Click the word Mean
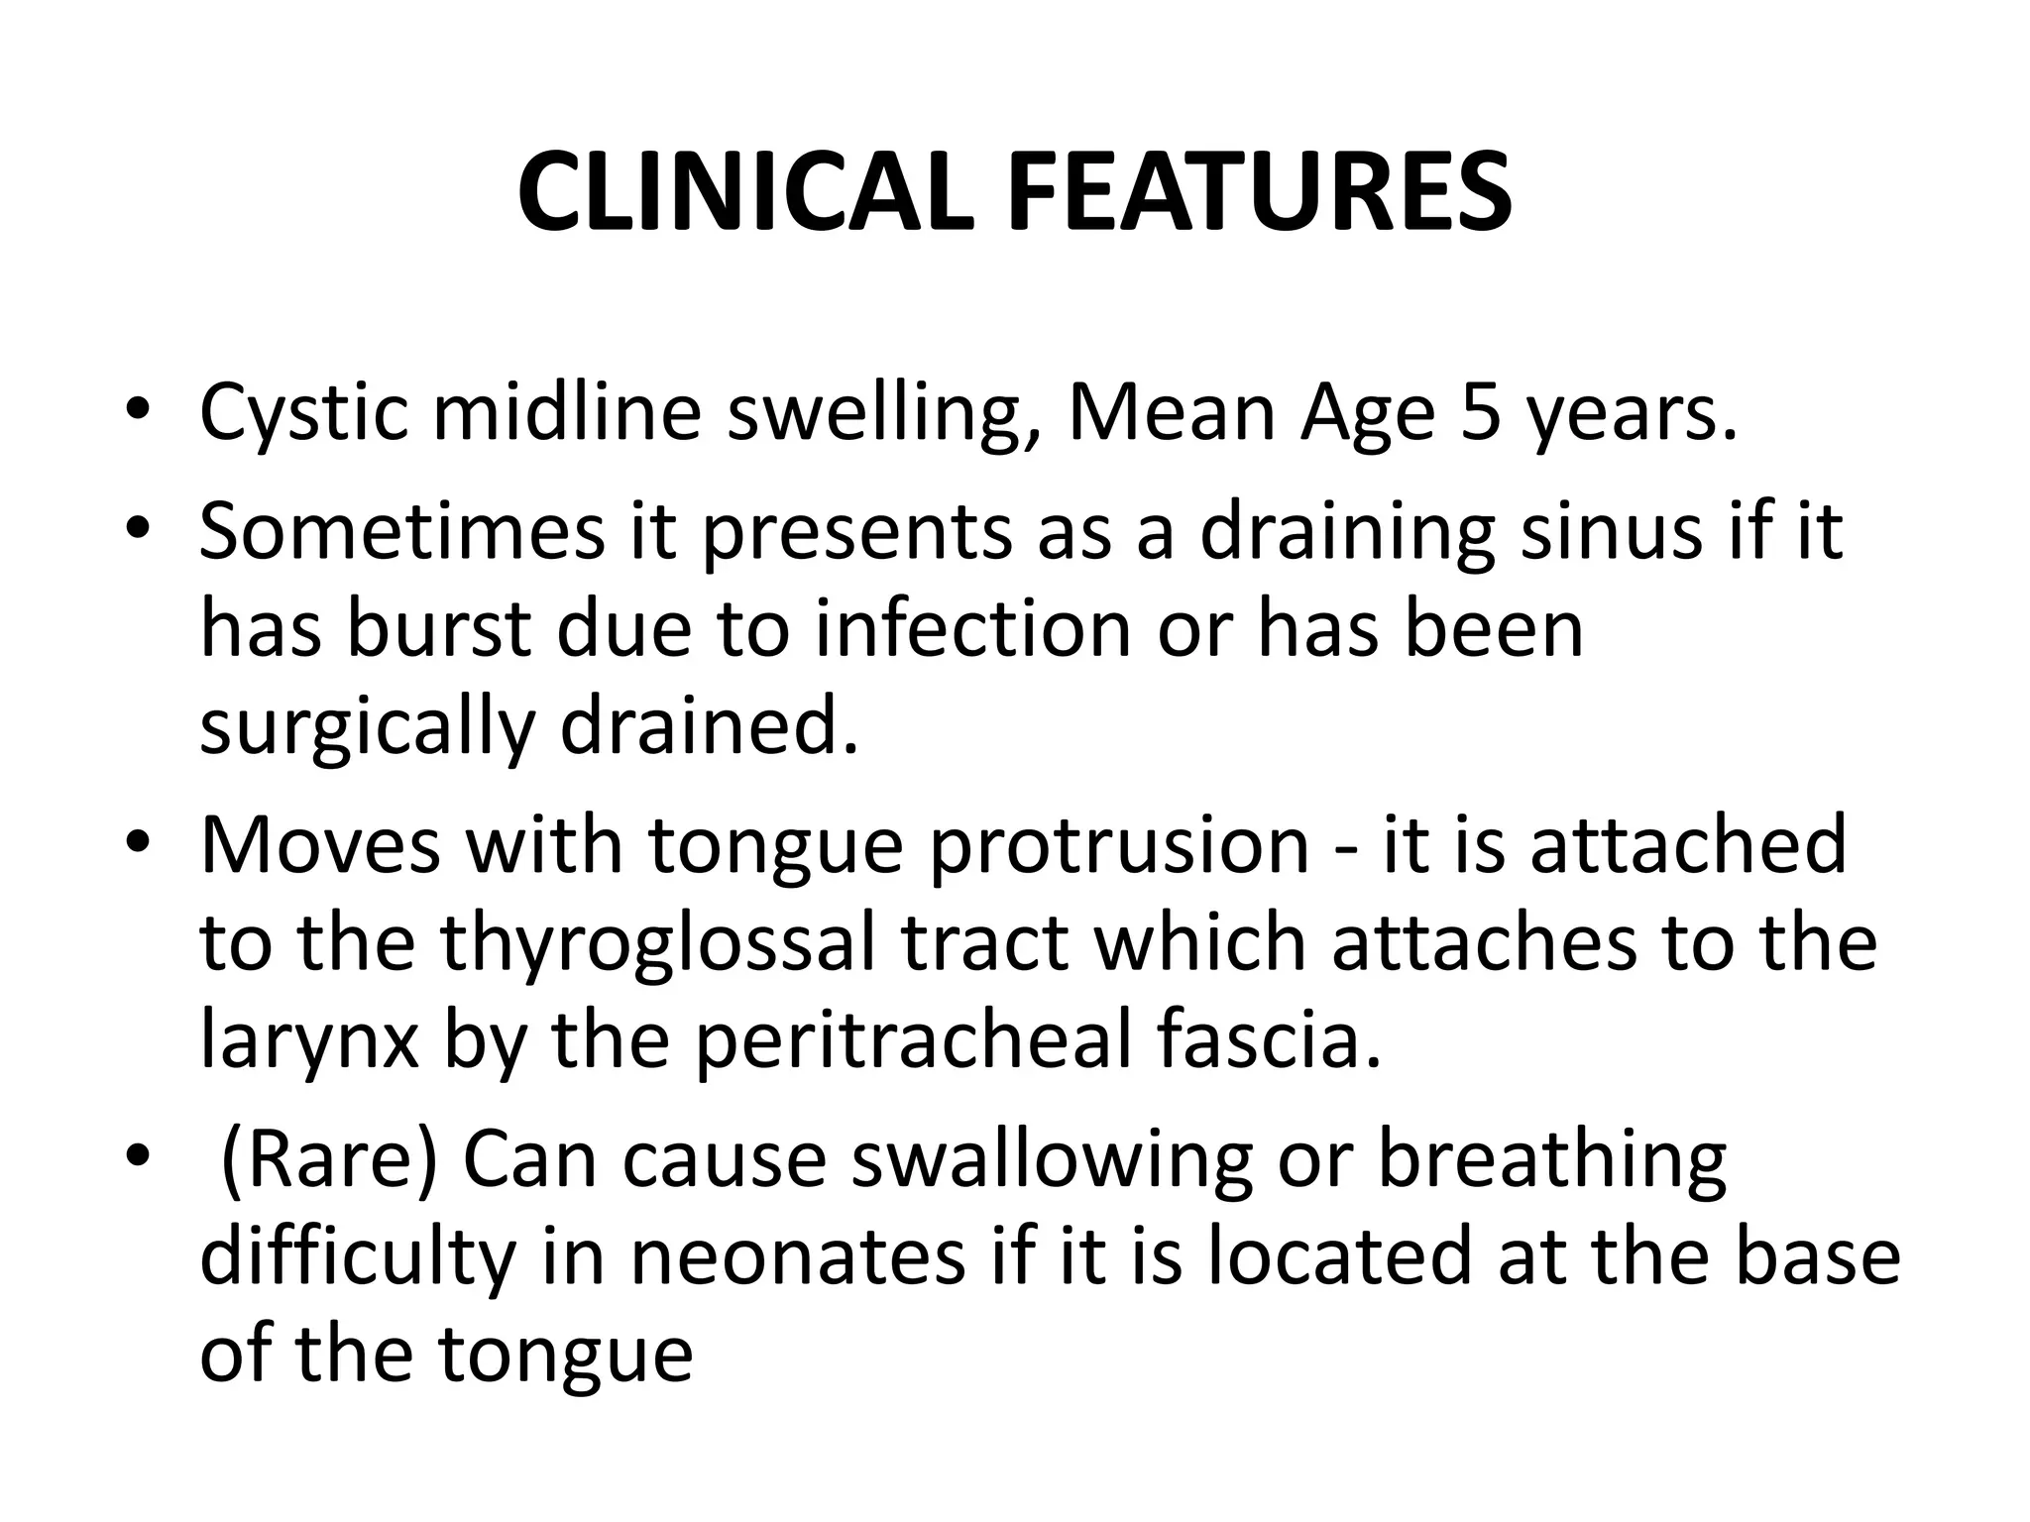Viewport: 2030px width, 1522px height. pos(1172,412)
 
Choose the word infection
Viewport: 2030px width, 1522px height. pos(973,630)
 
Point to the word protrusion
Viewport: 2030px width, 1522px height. pos(1119,847)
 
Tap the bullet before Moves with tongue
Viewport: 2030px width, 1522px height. pos(138,848)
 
